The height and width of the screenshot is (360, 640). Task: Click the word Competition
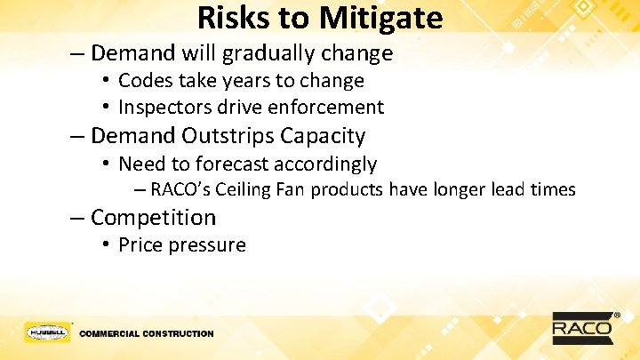click(x=153, y=218)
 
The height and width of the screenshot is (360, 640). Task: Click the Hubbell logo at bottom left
click(x=47, y=332)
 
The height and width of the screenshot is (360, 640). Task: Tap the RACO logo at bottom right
click(x=583, y=327)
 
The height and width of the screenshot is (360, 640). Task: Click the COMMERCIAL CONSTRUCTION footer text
click(x=147, y=334)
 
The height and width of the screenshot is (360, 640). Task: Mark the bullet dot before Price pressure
click(x=106, y=245)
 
